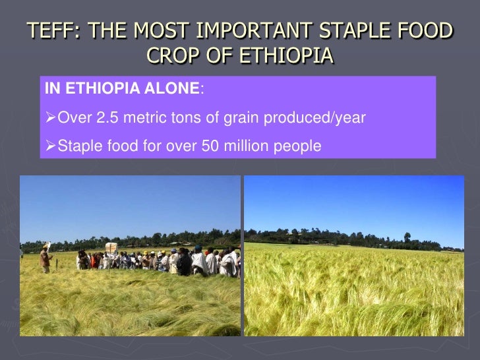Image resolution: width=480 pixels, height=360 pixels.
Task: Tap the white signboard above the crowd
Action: (x=111, y=247)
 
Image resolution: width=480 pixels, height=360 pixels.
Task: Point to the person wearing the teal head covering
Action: (x=198, y=250)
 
